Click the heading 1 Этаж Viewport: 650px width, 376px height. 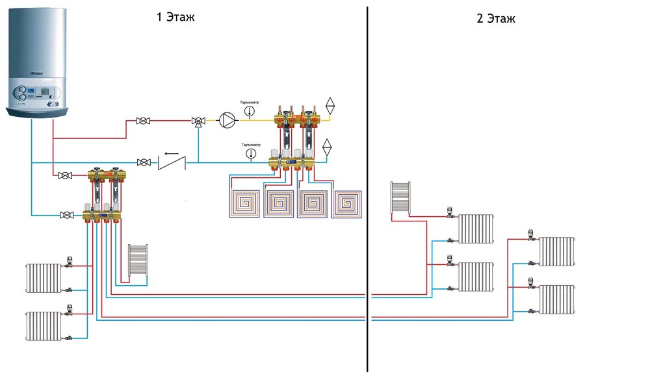coord(175,17)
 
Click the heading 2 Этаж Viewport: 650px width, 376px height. coord(495,18)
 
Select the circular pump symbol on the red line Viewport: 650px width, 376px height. coord(227,120)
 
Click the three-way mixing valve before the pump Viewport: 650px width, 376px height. coord(197,121)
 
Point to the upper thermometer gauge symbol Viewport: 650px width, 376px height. coord(250,112)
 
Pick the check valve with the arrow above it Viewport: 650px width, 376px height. coord(172,160)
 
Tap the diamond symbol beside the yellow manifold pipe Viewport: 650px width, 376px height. coord(330,105)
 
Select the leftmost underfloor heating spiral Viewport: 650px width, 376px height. coord(244,203)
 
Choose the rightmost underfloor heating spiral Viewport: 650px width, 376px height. coord(346,204)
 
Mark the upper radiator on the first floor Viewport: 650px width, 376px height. coord(44,278)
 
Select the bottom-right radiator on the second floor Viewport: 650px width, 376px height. coord(557,299)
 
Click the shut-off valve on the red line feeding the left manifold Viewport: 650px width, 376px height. coord(65,175)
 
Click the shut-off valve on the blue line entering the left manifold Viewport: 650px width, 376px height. coord(65,214)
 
